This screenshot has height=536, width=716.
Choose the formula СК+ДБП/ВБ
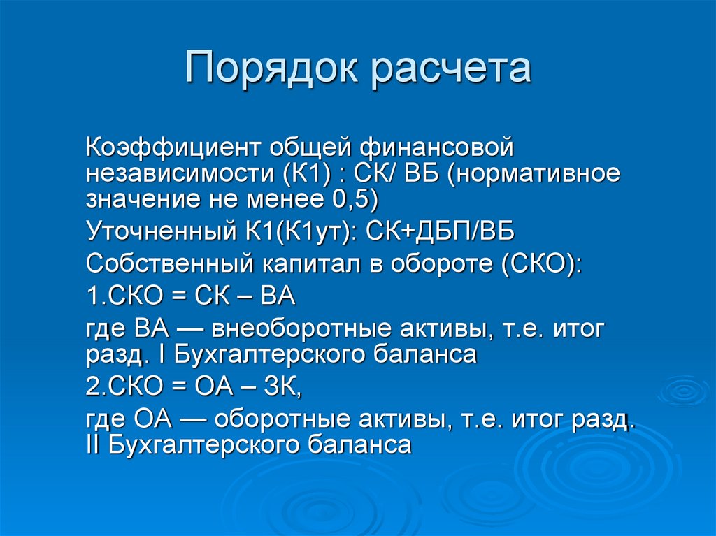coord(441,231)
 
